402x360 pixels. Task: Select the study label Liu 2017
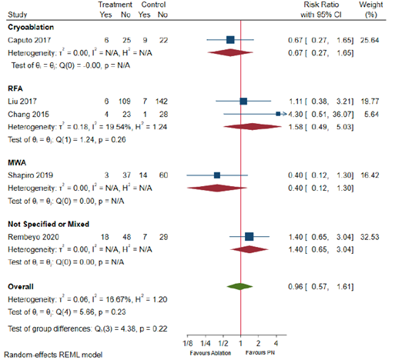coord(22,101)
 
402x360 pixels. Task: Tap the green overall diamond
coord(240,286)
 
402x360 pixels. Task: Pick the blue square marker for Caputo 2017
coord(230,38)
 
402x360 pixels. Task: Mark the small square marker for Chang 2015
coord(277,113)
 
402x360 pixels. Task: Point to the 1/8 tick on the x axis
coord(187,342)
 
